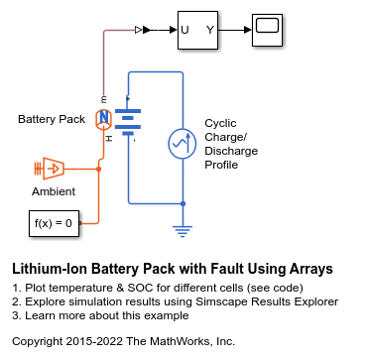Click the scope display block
click(267, 30)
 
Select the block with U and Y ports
click(197, 30)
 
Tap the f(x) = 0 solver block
click(54, 223)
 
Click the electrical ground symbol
click(183, 231)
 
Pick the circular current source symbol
click(183, 144)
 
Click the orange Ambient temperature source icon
click(49, 169)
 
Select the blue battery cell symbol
click(128, 122)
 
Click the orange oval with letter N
click(104, 119)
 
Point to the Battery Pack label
click(52, 119)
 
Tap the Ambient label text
click(54, 191)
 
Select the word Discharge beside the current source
click(231, 151)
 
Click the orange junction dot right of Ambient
click(98, 169)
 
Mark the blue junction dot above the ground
click(183, 203)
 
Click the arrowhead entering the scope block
click(248, 30)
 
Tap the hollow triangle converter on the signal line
click(138, 30)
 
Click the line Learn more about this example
click(100, 315)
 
